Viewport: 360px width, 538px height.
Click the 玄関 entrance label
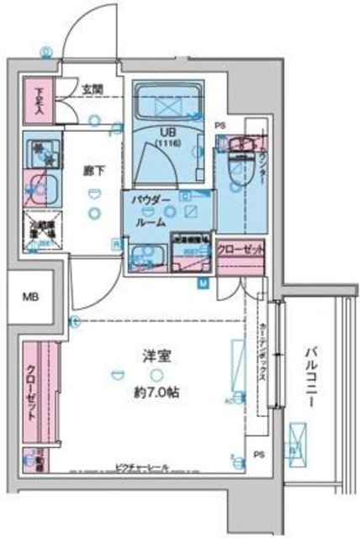pos(92,87)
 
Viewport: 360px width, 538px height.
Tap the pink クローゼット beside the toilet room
pos(240,250)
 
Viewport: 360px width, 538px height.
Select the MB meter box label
pos(29,296)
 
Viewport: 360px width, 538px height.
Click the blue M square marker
pos(203,283)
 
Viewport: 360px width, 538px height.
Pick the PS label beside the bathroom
pos(221,126)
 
